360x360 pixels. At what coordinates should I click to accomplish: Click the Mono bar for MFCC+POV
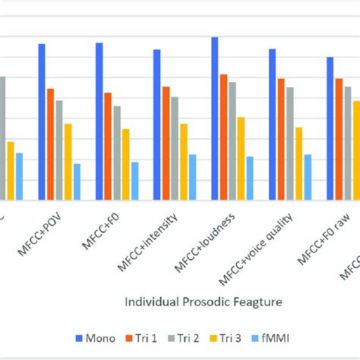point(42,122)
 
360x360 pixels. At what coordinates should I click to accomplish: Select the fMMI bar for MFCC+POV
point(77,182)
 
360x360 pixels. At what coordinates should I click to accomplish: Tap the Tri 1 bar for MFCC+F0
point(108,147)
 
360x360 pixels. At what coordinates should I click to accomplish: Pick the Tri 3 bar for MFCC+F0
point(125,165)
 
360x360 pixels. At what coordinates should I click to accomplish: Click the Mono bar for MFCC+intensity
point(156,125)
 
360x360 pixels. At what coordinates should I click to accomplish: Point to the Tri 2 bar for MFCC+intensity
point(175,149)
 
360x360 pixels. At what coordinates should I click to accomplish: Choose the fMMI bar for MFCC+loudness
point(250,178)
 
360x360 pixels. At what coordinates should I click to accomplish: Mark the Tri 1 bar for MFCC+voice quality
point(281,140)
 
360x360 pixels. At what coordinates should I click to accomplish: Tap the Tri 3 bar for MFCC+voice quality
point(298,164)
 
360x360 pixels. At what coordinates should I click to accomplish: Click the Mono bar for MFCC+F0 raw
point(330,129)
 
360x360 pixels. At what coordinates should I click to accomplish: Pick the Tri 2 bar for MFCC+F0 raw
point(348,144)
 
